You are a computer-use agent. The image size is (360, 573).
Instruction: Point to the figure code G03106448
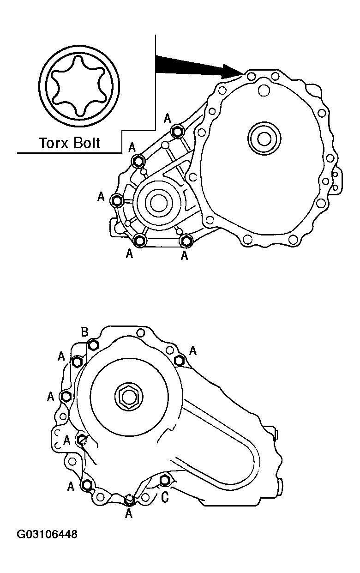[47, 535]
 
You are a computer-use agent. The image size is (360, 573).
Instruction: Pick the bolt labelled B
[94, 344]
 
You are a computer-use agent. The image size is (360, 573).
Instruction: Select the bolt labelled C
[164, 481]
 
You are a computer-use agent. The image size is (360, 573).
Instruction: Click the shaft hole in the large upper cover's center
[264, 138]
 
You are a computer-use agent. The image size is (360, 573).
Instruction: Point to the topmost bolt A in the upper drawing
[177, 132]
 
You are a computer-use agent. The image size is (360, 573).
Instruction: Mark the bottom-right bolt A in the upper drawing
[186, 240]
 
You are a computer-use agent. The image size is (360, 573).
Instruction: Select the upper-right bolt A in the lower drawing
[180, 360]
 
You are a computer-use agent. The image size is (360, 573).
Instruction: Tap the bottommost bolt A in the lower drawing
[130, 499]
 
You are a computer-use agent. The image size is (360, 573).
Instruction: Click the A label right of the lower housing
[192, 351]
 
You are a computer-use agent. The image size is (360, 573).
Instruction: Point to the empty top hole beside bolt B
[141, 333]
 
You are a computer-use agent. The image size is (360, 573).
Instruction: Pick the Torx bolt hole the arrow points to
[251, 75]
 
